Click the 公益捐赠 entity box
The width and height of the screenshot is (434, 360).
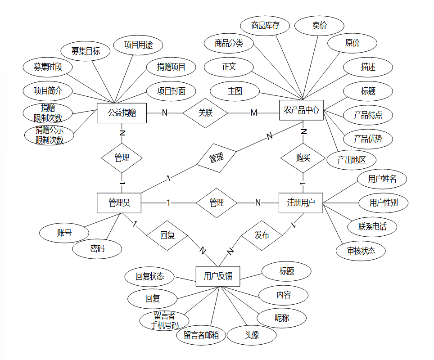coord(122,113)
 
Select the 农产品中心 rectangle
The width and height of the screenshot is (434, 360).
coord(301,110)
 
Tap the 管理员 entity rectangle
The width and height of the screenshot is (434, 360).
coord(119,203)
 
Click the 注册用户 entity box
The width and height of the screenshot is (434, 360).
coord(301,203)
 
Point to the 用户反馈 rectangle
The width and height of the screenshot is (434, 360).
coord(218,276)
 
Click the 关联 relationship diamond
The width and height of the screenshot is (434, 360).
coord(205,113)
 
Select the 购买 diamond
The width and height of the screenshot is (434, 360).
coord(303,158)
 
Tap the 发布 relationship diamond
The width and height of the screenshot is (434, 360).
coord(262,235)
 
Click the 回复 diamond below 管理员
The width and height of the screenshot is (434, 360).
coord(167,235)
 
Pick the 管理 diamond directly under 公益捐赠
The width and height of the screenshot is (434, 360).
coord(122,158)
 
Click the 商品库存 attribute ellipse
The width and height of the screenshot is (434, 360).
coord(265,26)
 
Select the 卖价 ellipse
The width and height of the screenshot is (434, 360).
coord(319,26)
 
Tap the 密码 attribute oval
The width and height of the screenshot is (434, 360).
coord(97,248)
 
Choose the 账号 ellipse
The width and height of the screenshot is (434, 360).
coord(64,233)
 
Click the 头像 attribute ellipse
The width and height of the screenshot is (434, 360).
coord(252,335)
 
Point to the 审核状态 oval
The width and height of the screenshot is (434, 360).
coord(361,251)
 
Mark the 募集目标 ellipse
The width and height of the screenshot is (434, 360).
coord(86,51)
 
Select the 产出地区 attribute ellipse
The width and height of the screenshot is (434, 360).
coord(351,160)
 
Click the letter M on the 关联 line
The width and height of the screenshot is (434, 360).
coord(254,113)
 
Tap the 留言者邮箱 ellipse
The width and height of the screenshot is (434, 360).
coord(201,335)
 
